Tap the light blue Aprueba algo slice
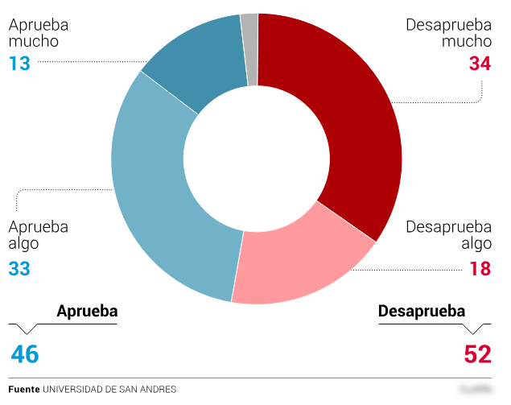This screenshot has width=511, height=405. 161,209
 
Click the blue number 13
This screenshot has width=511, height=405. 19,63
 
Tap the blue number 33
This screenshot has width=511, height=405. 19,268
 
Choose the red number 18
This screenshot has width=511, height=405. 480,268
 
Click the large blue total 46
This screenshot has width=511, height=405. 25,353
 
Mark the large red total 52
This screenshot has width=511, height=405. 477,353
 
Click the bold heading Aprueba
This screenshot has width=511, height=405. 87,312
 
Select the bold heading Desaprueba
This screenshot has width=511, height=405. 422,312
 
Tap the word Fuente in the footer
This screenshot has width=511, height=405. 24,389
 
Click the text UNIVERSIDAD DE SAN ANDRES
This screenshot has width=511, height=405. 109,389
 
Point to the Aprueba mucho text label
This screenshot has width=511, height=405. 38,32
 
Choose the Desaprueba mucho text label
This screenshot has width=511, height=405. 448,32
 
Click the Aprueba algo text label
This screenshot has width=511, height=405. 38,235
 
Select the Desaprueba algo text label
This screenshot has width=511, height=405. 448,235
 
